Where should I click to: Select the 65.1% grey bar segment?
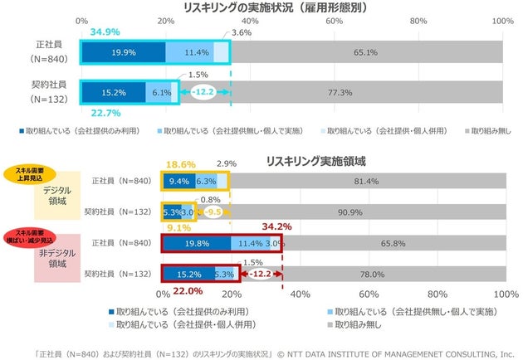(x=365, y=52)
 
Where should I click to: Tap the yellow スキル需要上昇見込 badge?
(x=31, y=173)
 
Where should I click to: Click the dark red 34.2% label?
(x=277, y=225)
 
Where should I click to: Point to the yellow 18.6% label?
(x=181, y=165)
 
